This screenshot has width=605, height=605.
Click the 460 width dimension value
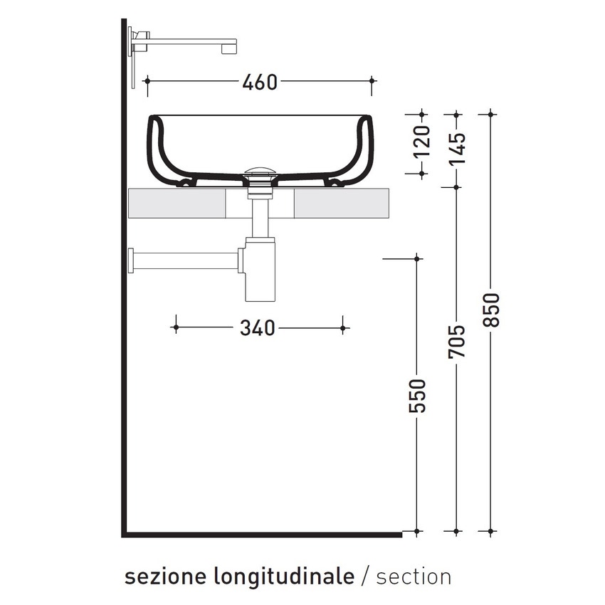pos(259,82)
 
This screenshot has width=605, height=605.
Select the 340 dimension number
pos(256,328)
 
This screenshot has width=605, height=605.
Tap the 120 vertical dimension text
pos(422,142)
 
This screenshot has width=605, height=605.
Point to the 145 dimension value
pos(457,149)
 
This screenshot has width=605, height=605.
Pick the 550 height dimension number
pos(418,396)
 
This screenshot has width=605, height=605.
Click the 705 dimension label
pos(457,342)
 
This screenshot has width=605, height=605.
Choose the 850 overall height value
pos(492,310)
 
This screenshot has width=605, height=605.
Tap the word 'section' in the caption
pos(414,576)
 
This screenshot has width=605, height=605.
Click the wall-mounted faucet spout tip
pos(229,46)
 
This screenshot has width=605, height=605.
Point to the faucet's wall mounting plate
pos(132,57)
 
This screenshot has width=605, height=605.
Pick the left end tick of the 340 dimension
pos(175,328)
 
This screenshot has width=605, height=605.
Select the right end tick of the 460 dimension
pos(372,82)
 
